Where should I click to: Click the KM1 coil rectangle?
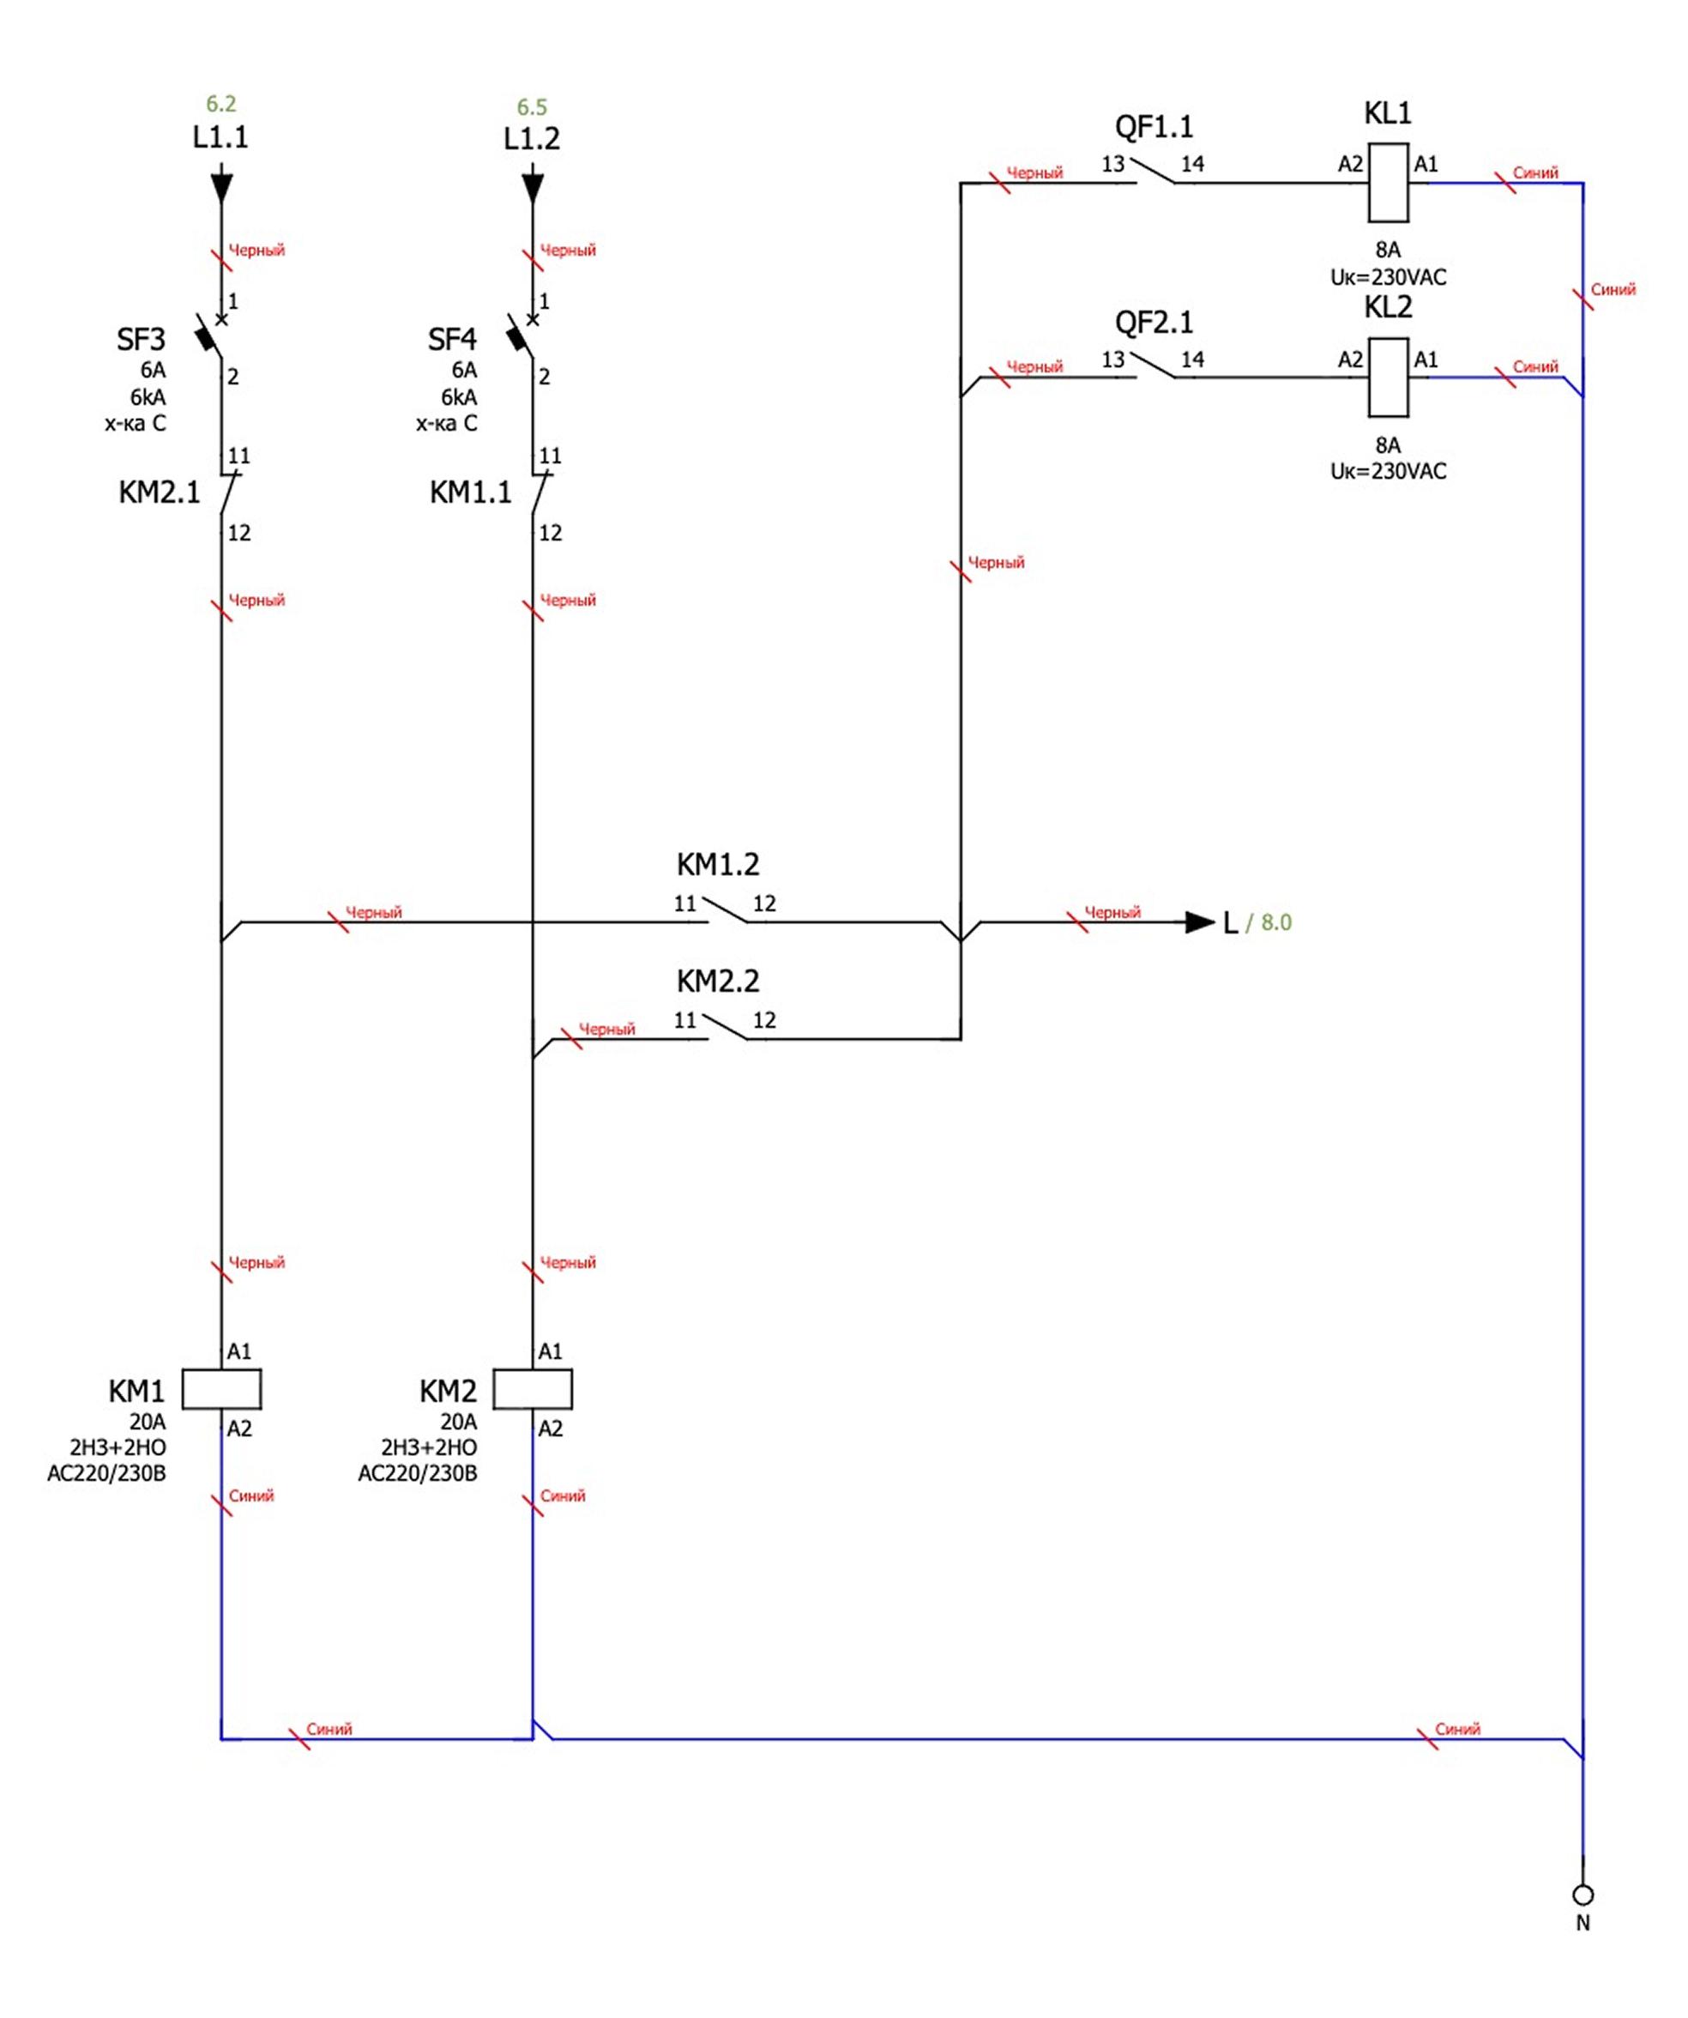(x=221, y=1390)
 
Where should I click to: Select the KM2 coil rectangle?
(x=533, y=1390)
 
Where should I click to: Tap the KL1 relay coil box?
(x=1389, y=183)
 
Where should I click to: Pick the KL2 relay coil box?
(x=1389, y=377)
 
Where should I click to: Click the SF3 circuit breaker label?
(x=141, y=339)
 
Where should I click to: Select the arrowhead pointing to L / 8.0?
(x=1200, y=922)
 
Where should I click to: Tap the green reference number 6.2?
(x=221, y=104)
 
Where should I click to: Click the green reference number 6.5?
(x=533, y=106)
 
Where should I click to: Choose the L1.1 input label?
(x=221, y=137)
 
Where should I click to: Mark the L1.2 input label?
(x=533, y=139)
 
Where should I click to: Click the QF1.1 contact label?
(x=1154, y=127)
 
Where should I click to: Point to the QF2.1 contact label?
(x=1154, y=322)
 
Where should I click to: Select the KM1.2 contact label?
(x=718, y=865)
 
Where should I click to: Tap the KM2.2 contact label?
(x=718, y=982)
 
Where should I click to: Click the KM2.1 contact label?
(x=160, y=493)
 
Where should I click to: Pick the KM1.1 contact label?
(x=471, y=493)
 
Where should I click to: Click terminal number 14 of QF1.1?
(x=1192, y=165)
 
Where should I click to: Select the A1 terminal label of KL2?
(x=1426, y=359)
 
